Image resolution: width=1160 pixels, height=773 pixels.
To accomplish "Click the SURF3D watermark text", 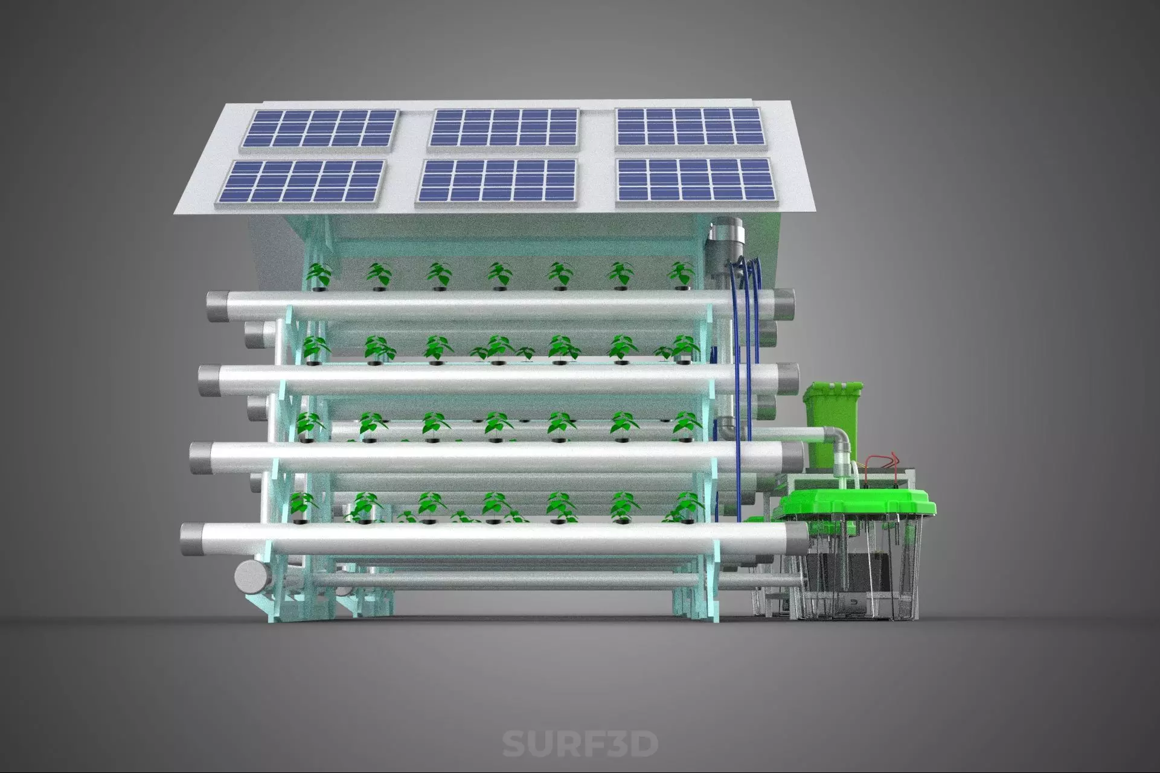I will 580,743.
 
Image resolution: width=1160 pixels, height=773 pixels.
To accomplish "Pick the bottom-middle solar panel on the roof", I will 498,180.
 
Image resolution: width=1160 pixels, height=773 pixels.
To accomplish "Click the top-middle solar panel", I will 504,129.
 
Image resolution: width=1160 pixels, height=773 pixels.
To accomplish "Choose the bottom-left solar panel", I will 303,182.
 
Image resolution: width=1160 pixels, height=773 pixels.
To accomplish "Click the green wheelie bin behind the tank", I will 832,416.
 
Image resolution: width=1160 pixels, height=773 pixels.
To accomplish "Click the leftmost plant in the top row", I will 318,275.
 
